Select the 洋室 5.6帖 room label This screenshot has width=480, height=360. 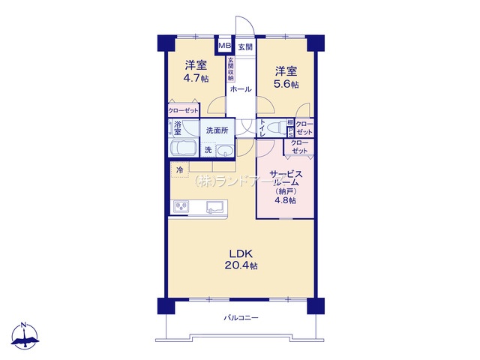pos(286,78)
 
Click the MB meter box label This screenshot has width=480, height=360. pos(224,46)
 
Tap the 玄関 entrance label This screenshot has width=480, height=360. pos(245,46)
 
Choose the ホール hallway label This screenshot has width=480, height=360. pos(240,89)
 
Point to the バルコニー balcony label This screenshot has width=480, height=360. pos(241,318)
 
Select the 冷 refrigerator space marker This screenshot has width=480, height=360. pos(179,170)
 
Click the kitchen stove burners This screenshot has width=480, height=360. pos(181,206)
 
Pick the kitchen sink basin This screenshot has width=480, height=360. pos(215,206)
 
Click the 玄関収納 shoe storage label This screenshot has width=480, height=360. pos(230,68)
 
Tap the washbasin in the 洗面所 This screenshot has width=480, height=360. pos(225,151)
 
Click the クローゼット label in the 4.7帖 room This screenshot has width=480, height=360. pos(183,111)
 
